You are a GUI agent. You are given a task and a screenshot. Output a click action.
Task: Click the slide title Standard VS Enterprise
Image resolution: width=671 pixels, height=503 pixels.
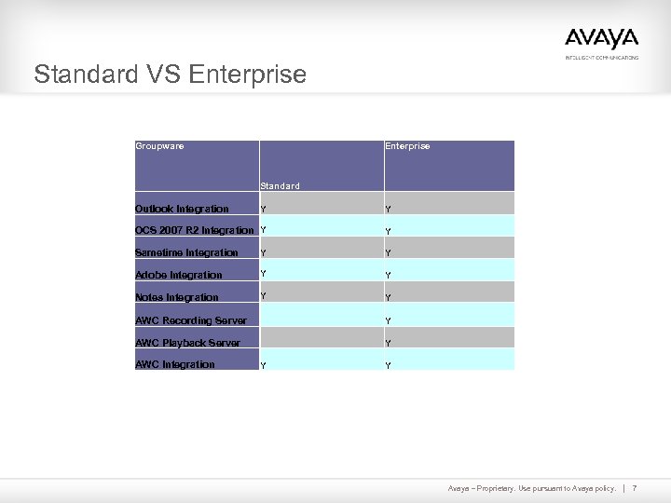[x=170, y=75]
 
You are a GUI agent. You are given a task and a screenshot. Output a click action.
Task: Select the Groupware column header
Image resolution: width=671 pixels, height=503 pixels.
[x=159, y=146]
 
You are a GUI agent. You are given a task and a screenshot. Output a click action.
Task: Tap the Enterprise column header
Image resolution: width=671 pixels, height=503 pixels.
[x=407, y=146]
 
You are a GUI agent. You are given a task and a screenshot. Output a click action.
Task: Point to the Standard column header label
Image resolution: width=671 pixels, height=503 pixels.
[x=280, y=186]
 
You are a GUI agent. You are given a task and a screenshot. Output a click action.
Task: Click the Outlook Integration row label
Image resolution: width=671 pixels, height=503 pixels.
[x=182, y=209]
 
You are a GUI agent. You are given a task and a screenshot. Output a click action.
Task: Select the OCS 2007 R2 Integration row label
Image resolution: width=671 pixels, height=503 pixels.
[x=194, y=230]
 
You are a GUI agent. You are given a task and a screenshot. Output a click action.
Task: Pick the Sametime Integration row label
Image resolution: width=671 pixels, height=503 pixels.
[x=186, y=252]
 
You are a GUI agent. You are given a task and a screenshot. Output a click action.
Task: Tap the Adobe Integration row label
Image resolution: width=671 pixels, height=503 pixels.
[x=179, y=275]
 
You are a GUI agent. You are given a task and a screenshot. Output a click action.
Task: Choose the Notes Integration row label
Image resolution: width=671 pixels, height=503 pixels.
[x=177, y=297]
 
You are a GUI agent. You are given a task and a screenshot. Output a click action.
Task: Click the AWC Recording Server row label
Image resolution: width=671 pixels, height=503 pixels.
[x=191, y=320]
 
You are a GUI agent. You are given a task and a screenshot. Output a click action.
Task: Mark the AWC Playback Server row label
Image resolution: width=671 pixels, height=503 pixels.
[x=187, y=343]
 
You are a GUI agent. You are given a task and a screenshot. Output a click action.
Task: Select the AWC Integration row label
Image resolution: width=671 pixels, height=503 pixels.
[x=175, y=364]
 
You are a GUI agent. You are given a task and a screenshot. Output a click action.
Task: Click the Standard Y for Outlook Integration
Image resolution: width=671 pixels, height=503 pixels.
[x=264, y=208]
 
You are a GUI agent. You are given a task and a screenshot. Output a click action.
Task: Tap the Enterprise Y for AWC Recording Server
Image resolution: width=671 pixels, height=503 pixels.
[x=389, y=321]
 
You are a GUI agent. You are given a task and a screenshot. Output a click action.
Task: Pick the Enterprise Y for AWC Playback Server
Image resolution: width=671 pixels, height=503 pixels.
[x=389, y=344]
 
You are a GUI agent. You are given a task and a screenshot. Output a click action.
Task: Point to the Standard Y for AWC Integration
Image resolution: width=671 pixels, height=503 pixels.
[x=264, y=366]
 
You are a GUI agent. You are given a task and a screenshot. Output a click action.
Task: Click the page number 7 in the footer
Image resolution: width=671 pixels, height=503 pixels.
[x=634, y=488]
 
